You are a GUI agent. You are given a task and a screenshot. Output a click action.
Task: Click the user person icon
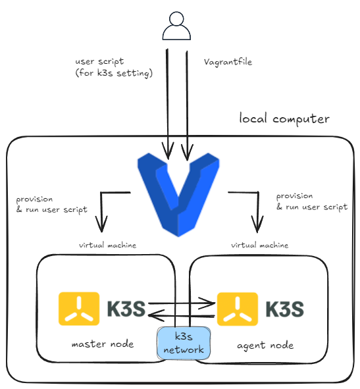click(x=176, y=26)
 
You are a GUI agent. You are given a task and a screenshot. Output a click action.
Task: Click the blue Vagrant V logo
click(x=178, y=195)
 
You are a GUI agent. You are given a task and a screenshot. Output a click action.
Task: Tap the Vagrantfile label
click(x=228, y=62)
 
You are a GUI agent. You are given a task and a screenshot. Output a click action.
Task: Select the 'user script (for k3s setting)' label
click(x=114, y=67)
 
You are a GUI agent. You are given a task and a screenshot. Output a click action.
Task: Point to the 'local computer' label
click(x=284, y=118)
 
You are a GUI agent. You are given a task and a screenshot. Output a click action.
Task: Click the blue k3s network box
click(x=184, y=343)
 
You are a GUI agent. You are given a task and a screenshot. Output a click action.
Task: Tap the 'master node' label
click(x=103, y=344)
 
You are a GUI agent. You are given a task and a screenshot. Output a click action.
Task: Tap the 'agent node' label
click(x=265, y=346)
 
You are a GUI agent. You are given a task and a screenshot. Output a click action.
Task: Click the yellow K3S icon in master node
click(x=79, y=309)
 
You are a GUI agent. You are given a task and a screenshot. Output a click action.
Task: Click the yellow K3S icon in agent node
click(x=238, y=309)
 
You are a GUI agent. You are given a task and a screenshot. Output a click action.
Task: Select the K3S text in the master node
click(x=126, y=309)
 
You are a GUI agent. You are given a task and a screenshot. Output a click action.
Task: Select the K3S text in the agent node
click(x=284, y=309)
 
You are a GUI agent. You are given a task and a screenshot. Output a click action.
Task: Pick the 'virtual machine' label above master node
click(x=107, y=246)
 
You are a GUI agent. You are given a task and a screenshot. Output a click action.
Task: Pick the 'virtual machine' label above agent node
click(x=259, y=246)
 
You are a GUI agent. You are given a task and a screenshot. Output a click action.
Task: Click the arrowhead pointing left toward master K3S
click(x=156, y=315)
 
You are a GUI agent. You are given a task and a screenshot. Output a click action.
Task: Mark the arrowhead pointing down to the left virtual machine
click(x=101, y=224)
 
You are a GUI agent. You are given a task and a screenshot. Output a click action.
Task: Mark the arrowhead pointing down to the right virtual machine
click(x=257, y=224)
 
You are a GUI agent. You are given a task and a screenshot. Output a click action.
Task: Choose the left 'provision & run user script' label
click(x=51, y=205)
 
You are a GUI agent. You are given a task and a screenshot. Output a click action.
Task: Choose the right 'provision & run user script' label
click(x=312, y=201)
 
